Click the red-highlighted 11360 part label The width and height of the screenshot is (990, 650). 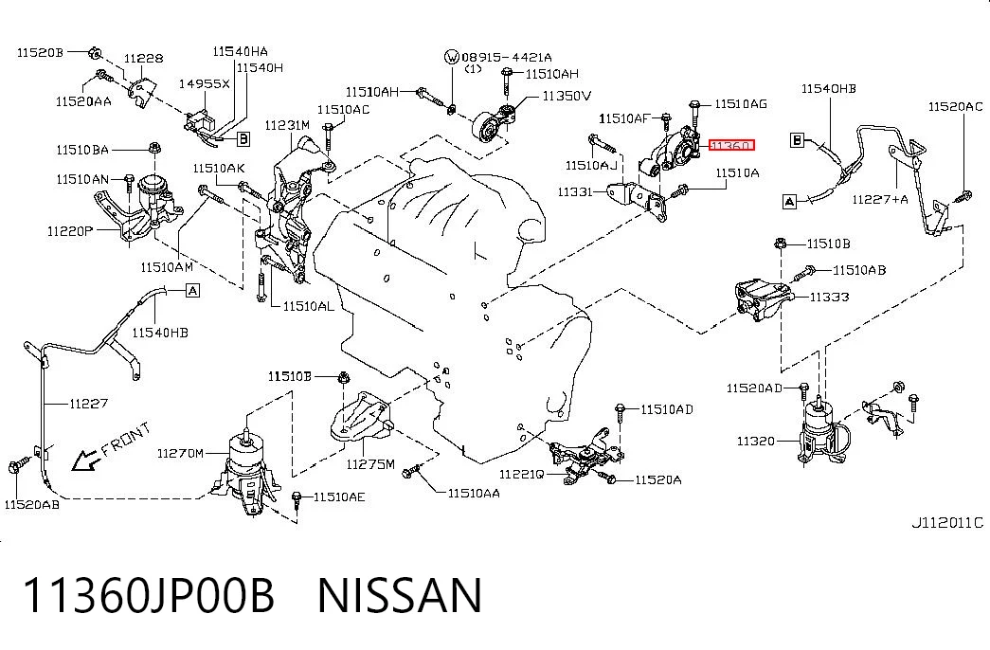coord(731,145)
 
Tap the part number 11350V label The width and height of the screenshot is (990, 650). coord(567,96)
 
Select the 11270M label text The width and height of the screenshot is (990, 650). coord(180,453)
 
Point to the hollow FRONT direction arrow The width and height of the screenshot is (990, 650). coord(84,461)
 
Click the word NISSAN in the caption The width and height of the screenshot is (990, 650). coord(400,595)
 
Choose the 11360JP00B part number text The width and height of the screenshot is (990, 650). coord(149,595)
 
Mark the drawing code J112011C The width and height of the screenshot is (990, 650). coord(947,522)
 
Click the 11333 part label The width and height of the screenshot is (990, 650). coord(830,297)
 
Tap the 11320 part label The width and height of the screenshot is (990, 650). coord(756,441)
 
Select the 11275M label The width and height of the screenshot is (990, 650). coord(370,464)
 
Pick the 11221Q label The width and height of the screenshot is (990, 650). coord(521,474)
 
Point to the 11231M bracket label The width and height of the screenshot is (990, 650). coord(287,124)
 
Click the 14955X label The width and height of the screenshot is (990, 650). coord(204,83)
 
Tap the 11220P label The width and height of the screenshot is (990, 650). coord(70,231)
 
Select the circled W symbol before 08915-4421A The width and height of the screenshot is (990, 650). coord(452,58)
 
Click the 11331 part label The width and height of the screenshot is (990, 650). coord(575,191)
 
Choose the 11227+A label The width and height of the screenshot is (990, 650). coord(880,200)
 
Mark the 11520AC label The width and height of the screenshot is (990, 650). coord(955,106)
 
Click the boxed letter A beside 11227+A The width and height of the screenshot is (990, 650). coord(789,202)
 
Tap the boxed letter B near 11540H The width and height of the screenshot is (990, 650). coord(243,138)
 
